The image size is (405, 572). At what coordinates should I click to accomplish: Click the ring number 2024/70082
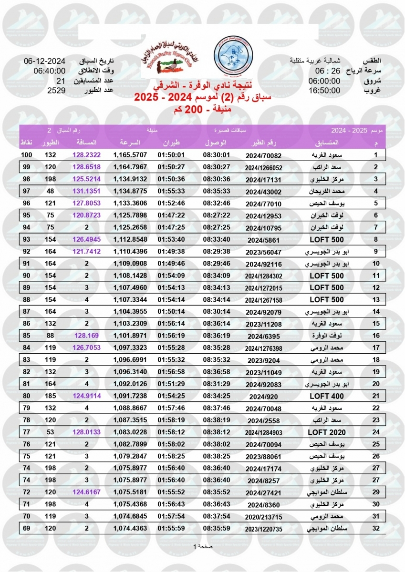point(264,155)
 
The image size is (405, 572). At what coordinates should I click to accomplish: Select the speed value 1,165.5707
point(130,155)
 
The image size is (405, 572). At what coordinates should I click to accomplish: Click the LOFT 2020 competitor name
point(327,432)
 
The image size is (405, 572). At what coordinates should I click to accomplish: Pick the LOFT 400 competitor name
point(327,396)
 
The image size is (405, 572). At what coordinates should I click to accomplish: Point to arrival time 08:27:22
point(217,215)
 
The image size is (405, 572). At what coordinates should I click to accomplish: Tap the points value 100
point(27,155)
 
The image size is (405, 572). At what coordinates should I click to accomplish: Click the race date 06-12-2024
point(44,61)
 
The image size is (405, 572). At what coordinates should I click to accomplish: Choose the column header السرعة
point(129,143)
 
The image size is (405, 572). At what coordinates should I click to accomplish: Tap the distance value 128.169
point(86,336)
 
